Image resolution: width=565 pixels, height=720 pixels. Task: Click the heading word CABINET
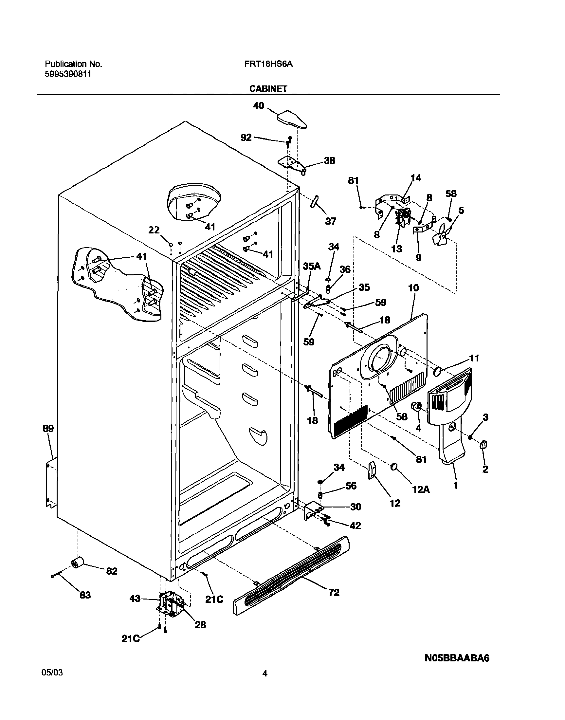[x=268, y=89]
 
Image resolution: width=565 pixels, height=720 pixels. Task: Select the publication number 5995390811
[x=68, y=74]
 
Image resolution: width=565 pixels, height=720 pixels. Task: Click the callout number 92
[x=246, y=138]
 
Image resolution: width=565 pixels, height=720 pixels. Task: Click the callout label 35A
[x=312, y=267]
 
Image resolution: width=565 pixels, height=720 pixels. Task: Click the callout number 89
[x=48, y=429]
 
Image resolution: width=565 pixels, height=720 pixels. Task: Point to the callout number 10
[x=413, y=288]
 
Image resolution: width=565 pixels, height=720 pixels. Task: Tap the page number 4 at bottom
[x=264, y=683]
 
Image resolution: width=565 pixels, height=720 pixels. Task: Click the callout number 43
[x=135, y=599]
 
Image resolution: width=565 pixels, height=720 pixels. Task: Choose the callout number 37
[x=331, y=221]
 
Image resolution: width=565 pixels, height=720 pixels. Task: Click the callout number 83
[x=85, y=595]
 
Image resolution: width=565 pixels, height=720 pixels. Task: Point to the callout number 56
[x=351, y=486]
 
